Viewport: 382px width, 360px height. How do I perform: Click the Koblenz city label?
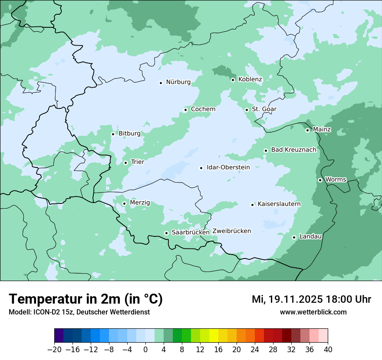tap(250, 79)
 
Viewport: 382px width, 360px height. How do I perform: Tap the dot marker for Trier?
tap(125, 163)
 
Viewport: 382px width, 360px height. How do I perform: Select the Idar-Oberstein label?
tap(228, 167)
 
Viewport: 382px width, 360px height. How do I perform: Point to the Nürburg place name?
tap(178, 82)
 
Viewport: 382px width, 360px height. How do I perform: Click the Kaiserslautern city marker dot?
tap(252, 205)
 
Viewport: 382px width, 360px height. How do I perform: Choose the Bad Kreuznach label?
tap(293, 150)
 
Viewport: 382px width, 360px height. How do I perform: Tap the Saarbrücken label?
tap(191, 232)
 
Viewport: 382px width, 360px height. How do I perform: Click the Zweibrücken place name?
tap(231, 231)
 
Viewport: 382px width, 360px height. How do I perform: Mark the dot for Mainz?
tap(307, 130)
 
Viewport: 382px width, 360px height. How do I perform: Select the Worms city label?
tap(336, 180)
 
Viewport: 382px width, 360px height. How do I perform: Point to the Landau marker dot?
tap(294, 237)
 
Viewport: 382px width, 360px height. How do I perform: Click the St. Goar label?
tap(264, 109)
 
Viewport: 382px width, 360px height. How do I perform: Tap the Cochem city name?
tap(203, 109)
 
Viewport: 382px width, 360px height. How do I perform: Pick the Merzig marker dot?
tap(124, 203)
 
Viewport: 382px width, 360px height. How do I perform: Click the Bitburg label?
tap(129, 134)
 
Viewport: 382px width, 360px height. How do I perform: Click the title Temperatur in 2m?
tap(86, 299)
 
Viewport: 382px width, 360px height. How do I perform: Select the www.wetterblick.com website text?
tap(313, 312)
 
